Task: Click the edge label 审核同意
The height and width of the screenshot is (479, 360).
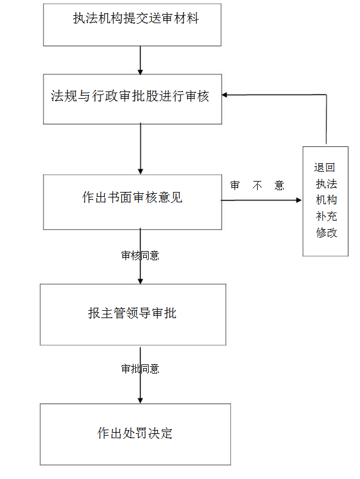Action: click(140, 255)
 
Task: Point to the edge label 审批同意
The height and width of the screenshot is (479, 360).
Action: click(140, 369)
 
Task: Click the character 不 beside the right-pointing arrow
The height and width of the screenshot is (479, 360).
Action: click(257, 185)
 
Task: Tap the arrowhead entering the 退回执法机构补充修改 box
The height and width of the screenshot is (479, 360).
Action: click(299, 200)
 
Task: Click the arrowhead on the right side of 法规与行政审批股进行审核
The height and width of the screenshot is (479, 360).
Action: click(224, 95)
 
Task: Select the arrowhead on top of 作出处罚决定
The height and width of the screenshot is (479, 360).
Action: click(141, 401)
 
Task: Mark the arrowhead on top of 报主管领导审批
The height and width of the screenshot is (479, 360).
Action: click(141, 281)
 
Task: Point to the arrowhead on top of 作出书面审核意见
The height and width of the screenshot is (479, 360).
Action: click(141, 172)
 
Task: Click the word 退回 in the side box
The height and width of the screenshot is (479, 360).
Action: click(324, 168)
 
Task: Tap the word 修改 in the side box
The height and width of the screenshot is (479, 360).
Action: click(326, 233)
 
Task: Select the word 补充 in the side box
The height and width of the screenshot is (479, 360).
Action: click(326, 216)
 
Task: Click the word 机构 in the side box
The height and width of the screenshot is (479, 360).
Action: click(326, 200)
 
